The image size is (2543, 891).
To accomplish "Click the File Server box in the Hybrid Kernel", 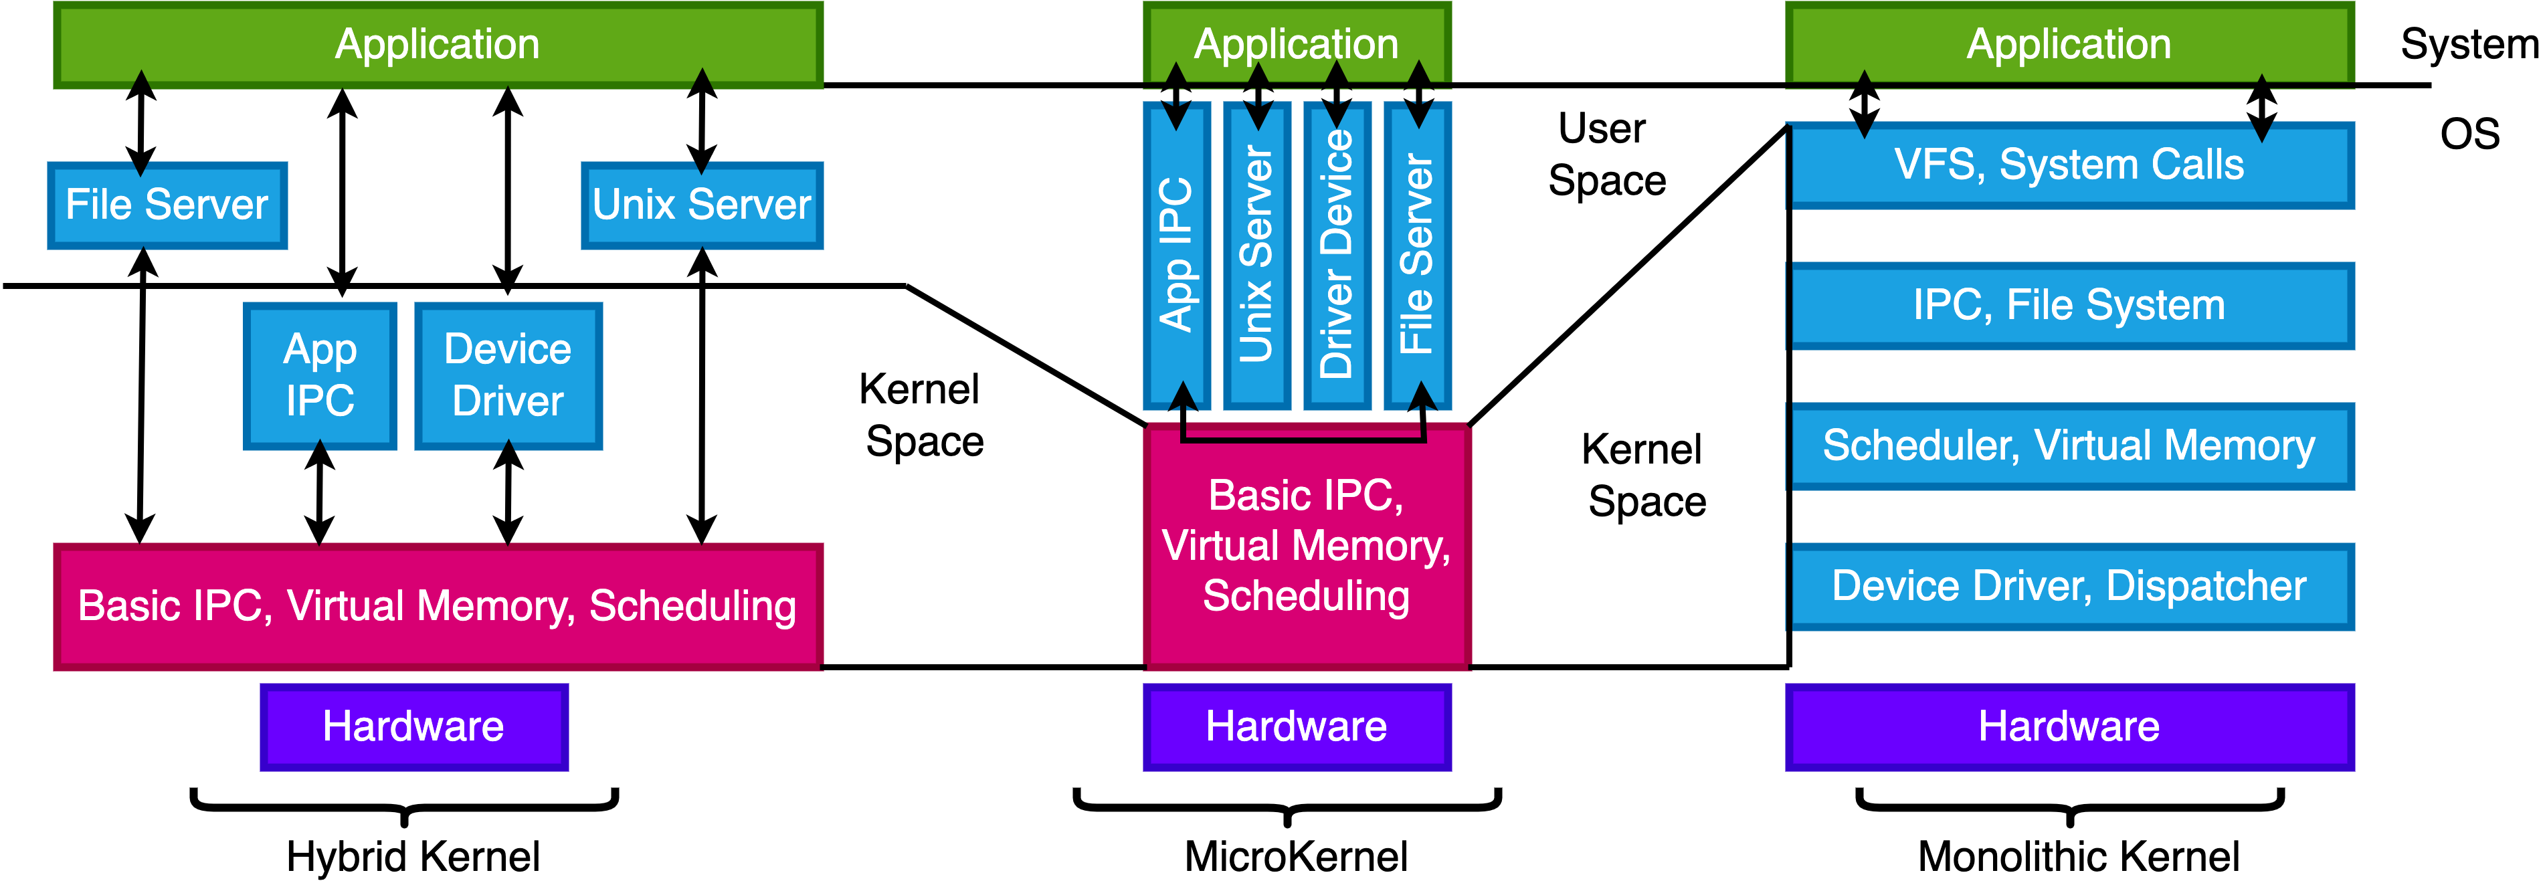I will point(167,205).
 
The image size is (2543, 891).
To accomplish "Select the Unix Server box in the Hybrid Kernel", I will point(702,205).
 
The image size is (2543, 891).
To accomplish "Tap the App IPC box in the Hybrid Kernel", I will point(320,376).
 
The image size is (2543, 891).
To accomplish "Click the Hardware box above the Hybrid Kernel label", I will point(413,727).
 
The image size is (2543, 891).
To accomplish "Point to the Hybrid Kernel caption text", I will point(413,856).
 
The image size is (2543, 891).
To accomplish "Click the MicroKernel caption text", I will point(1296,856).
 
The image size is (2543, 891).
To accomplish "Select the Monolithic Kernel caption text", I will point(2078,856).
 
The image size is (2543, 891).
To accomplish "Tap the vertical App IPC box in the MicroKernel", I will point(1177,255).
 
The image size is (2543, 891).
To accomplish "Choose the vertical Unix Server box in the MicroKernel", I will point(1256,255).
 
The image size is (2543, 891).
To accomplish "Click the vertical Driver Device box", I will point(1337,255).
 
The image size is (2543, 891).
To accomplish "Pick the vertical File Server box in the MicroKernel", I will point(1418,255).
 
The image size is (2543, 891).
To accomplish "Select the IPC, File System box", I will point(2069,306).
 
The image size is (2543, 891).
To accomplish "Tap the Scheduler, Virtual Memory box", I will point(2069,446).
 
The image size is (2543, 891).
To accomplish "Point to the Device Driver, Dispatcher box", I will point(2069,586).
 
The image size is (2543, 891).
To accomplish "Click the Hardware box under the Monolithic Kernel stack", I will point(2069,727).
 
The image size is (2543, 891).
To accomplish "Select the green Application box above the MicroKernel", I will point(1296,44).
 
